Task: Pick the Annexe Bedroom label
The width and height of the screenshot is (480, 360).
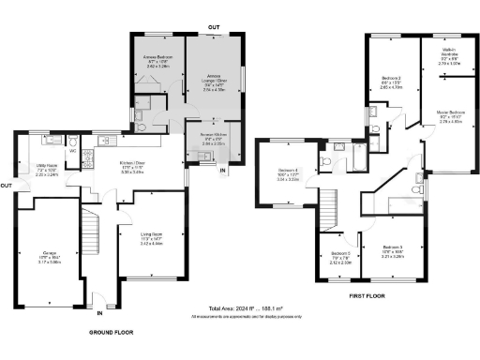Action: click(156, 64)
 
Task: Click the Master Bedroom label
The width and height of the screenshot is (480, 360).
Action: click(451, 115)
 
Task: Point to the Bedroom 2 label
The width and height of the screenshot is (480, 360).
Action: click(391, 82)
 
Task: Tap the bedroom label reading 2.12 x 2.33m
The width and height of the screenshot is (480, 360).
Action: click(341, 259)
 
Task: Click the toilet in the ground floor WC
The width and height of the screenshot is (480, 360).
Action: click(73, 142)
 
